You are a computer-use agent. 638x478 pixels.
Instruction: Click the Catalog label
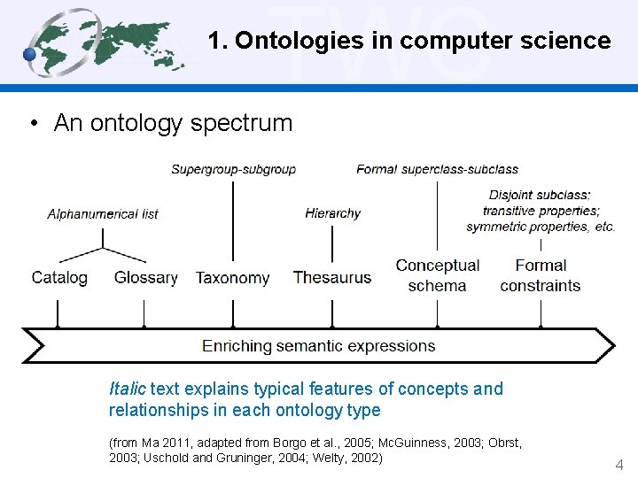click(59, 277)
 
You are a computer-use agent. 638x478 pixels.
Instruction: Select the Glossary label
click(145, 277)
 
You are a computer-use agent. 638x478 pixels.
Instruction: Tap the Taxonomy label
click(232, 277)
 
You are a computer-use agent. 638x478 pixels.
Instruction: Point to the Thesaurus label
click(332, 277)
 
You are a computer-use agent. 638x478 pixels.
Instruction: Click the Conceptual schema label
click(438, 275)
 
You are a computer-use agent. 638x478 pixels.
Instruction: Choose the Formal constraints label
click(541, 275)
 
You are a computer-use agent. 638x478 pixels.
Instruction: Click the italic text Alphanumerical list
click(103, 213)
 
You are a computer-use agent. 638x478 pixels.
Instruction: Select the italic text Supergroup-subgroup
click(233, 169)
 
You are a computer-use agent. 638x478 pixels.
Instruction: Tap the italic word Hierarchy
click(332, 213)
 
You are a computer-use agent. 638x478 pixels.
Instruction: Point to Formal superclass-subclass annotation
click(437, 169)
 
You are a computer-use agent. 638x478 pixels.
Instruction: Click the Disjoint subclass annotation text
click(541, 211)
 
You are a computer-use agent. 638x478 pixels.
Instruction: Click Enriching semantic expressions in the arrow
click(319, 345)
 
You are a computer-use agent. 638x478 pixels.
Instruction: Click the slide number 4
click(619, 464)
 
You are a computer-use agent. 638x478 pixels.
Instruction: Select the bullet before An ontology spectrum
click(32, 123)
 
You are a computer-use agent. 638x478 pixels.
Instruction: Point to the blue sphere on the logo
click(29, 55)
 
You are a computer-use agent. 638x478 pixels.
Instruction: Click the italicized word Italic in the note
click(127, 389)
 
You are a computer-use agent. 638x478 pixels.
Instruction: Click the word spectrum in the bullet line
click(252, 123)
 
